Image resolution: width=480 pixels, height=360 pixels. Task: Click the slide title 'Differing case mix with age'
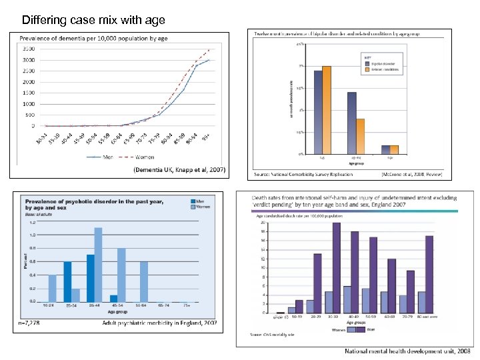click(x=93, y=20)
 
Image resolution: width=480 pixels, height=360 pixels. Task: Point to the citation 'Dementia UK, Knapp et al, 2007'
click(x=180, y=171)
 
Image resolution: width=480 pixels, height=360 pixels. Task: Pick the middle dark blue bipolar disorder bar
click(x=351, y=123)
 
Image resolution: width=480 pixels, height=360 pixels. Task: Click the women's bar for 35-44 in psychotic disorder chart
click(x=98, y=265)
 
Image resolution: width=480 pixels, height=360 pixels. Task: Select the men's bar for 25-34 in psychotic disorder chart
click(x=67, y=281)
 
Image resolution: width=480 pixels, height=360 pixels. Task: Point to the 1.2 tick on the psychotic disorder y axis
click(x=32, y=221)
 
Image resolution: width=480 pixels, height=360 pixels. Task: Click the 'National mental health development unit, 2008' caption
click(x=407, y=351)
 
